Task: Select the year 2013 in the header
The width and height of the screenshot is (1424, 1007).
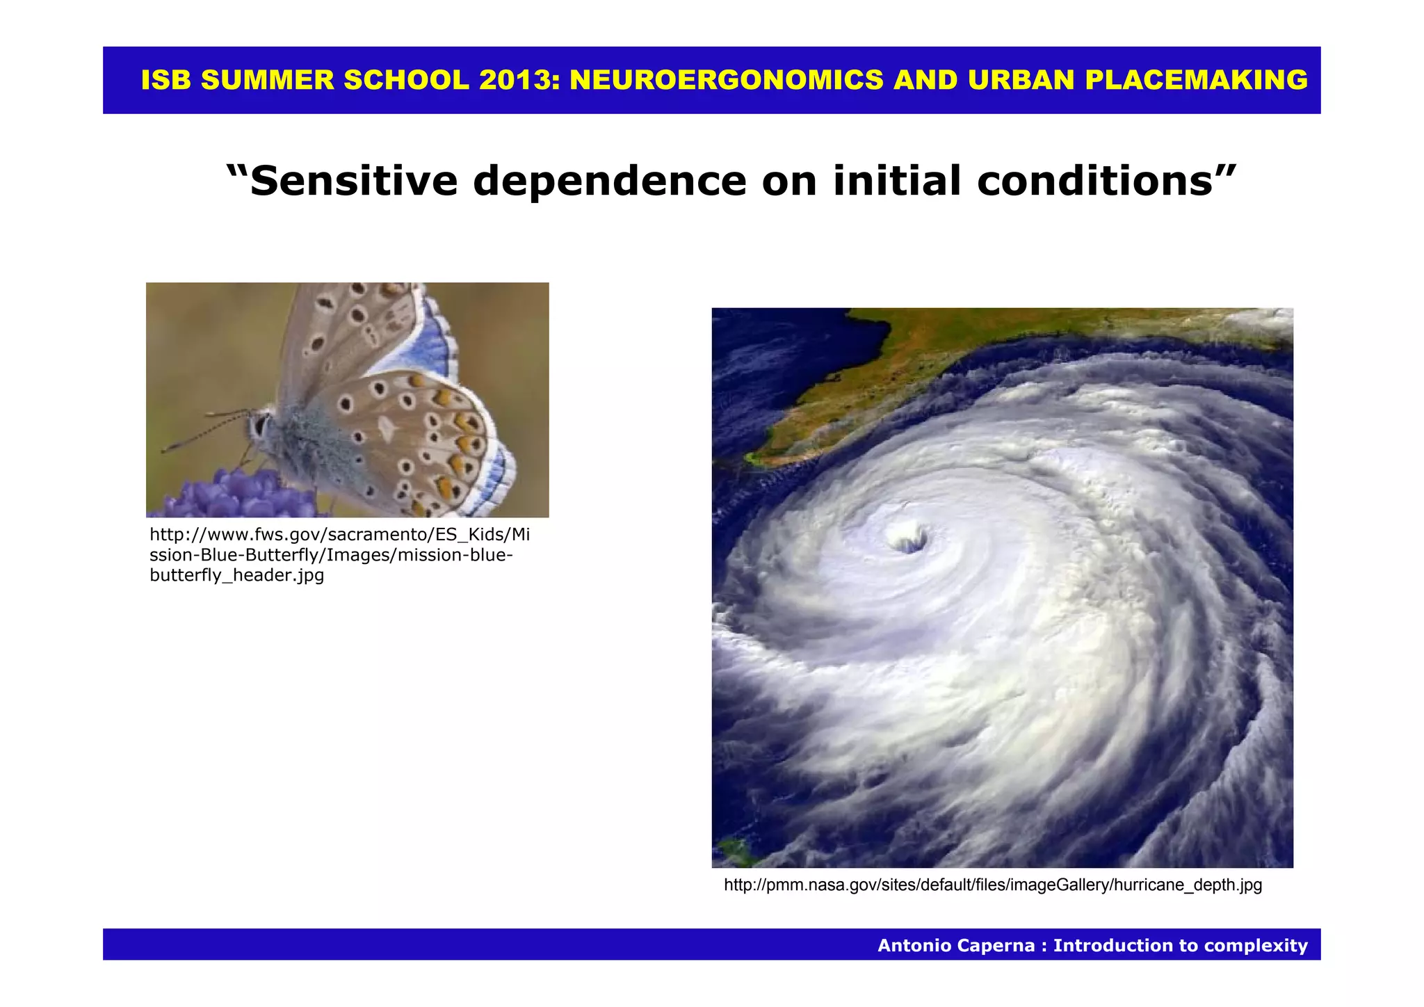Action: click(519, 81)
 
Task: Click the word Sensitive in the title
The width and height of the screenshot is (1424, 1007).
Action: click(351, 181)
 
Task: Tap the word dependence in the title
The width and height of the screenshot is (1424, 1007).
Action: click(609, 181)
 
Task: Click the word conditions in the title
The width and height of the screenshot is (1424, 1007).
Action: click(1102, 181)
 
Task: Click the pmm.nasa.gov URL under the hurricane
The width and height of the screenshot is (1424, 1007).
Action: click(992, 885)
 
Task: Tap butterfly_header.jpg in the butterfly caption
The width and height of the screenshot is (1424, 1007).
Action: click(236, 576)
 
